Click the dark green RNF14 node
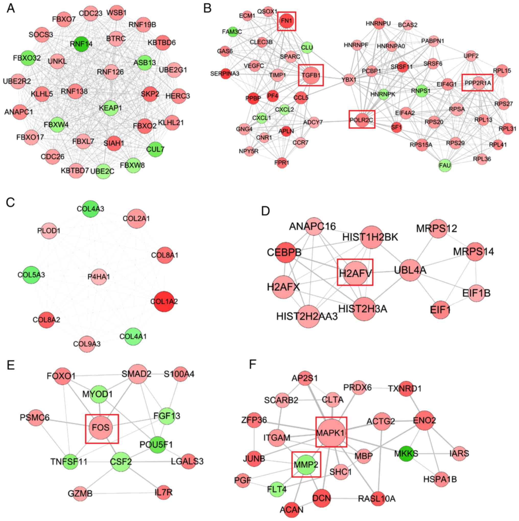click(81, 44)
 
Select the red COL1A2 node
click(164, 301)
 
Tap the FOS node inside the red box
click(101, 427)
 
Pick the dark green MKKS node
click(406, 454)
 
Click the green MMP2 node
click(306, 464)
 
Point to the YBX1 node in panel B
click(349, 80)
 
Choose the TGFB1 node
click(311, 75)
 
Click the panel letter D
click(266, 211)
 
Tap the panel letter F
click(253, 364)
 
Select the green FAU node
click(445, 165)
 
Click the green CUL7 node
click(155, 149)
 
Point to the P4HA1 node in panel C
click(99, 277)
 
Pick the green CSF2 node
click(121, 462)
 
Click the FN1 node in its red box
click(286, 21)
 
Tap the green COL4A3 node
click(90, 209)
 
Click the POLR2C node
click(362, 119)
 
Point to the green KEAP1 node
click(110, 108)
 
